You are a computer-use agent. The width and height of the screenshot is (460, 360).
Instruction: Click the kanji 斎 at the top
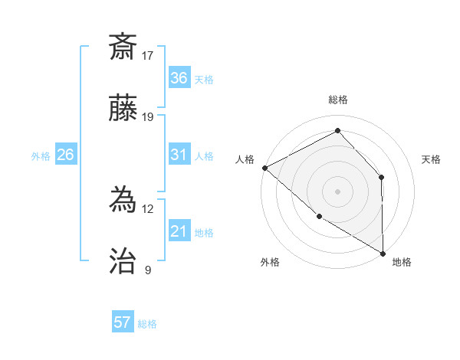123,47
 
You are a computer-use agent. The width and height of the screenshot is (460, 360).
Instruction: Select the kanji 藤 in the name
123,109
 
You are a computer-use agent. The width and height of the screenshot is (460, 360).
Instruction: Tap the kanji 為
123,201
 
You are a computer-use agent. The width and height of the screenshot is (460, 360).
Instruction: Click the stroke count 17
148,55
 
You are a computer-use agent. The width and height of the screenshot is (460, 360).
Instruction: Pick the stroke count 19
148,117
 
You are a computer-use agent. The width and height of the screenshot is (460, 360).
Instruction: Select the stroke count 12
148,208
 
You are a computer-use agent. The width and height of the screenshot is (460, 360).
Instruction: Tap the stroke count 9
147,270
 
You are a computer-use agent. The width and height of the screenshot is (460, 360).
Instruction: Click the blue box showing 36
179,78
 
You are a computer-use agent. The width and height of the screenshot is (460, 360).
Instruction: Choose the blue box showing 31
179,155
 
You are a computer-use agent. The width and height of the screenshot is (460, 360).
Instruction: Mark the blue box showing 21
179,231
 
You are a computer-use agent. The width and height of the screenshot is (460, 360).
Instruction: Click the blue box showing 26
65,155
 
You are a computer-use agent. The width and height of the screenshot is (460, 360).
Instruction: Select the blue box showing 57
123,322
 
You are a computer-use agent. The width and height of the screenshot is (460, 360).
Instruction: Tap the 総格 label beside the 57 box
147,324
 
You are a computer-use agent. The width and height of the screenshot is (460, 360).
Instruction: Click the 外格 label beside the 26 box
41,155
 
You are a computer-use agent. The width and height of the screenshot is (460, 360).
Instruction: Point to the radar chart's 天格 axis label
431,159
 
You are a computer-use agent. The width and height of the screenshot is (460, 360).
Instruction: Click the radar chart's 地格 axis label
402,262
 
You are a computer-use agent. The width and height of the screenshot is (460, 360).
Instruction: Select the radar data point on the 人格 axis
264,168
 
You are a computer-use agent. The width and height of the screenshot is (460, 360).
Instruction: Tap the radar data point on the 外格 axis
319,217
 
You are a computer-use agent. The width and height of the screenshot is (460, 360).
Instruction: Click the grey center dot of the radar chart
337,191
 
